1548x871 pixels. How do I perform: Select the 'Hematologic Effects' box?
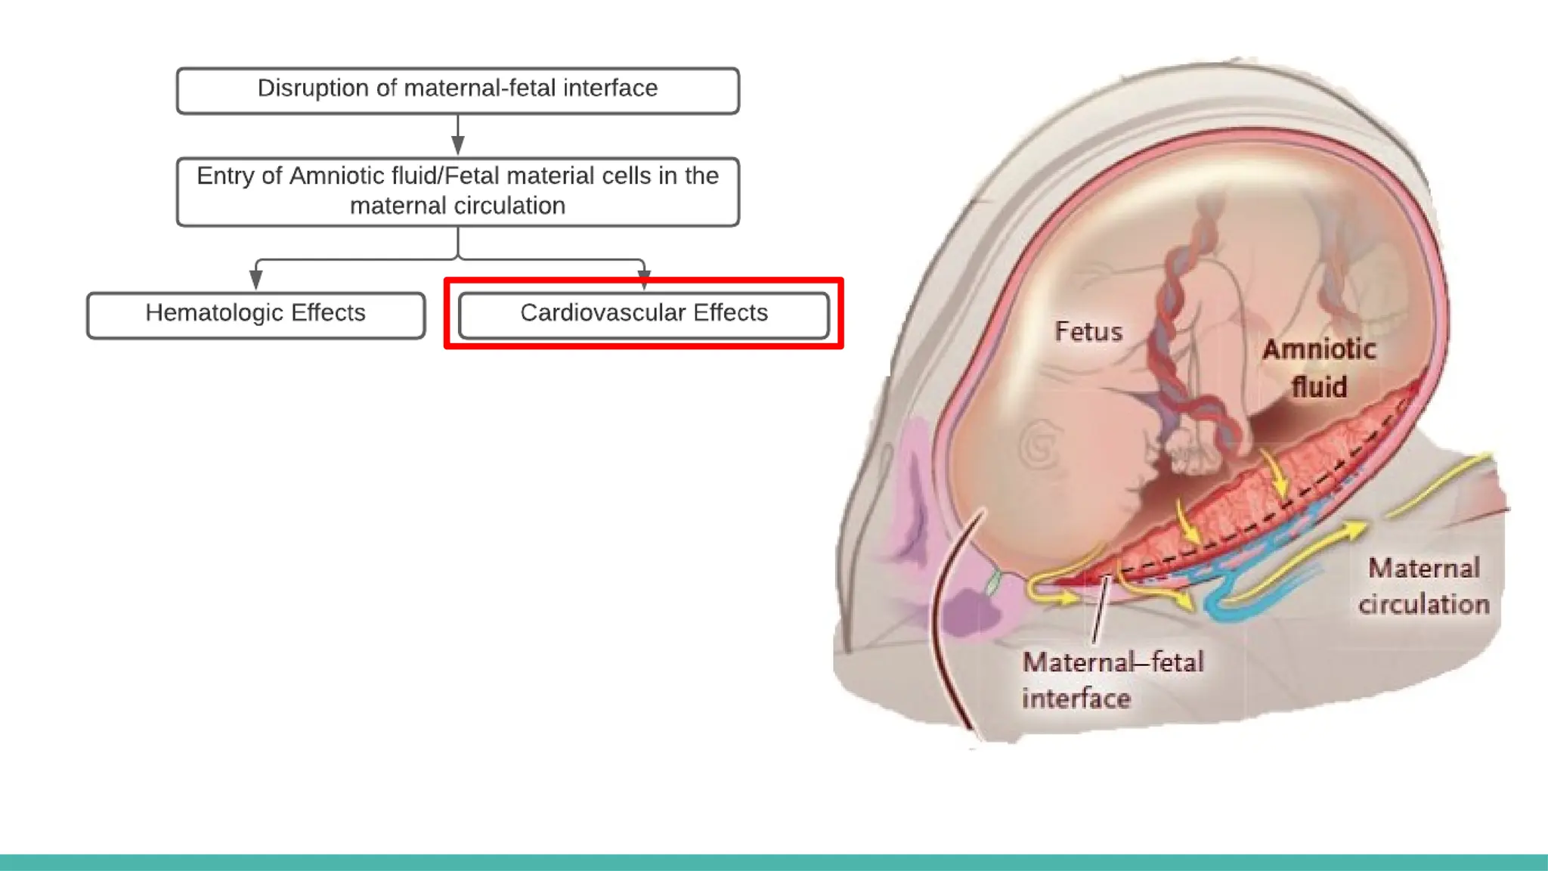[255, 315]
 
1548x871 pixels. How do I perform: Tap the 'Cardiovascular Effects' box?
[643, 315]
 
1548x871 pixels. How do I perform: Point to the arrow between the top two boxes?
[457, 135]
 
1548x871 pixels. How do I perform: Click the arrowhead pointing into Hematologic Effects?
[256, 280]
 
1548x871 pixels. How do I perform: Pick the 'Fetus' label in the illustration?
[1088, 331]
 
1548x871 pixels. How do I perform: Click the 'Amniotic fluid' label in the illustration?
[1319, 367]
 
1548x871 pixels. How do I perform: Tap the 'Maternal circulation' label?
[1423, 586]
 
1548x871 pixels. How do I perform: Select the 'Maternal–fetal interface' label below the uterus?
[1111, 680]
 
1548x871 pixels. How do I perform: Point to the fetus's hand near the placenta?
[1190, 454]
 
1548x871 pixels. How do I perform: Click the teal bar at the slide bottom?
[774, 862]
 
